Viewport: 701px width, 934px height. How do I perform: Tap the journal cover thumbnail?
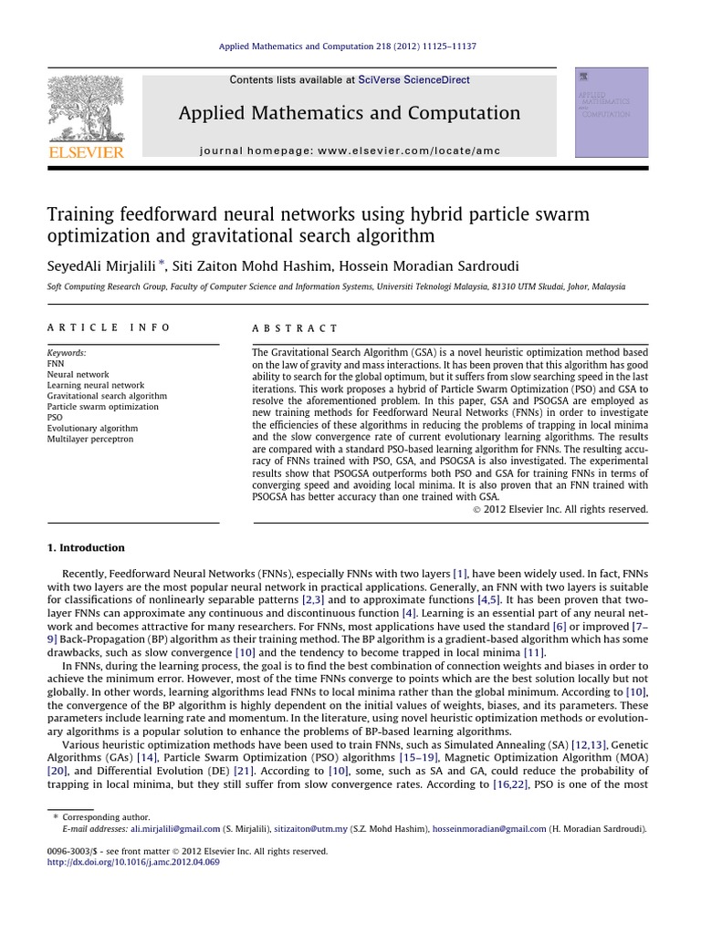point(611,111)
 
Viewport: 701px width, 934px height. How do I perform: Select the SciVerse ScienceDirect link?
point(414,80)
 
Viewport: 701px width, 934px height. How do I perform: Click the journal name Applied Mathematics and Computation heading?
point(350,113)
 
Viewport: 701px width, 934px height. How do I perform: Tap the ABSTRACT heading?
point(295,328)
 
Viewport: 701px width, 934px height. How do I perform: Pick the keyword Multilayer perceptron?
point(89,440)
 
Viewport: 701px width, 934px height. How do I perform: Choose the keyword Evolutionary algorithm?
point(92,429)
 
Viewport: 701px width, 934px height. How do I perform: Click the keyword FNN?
point(56,363)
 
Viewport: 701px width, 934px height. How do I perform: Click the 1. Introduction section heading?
point(86,548)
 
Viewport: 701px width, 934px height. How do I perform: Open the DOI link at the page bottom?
point(133,861)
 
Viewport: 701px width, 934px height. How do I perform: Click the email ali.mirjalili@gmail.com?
point(175,829)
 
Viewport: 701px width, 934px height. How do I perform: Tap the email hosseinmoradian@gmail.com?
point(489,829)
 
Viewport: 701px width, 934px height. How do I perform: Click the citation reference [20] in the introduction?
point(57,771)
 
